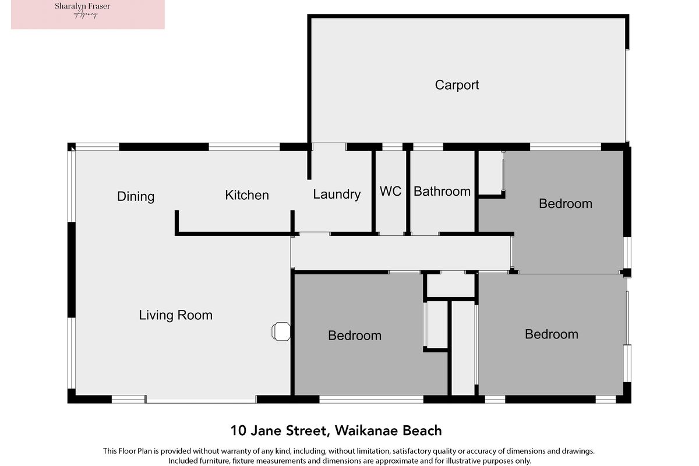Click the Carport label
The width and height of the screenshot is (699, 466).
457,85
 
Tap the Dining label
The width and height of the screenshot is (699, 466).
136,197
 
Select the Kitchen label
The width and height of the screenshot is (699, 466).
247,195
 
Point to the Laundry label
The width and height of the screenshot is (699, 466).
337,195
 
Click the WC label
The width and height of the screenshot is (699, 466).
390,191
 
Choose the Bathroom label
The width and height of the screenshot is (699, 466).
442,191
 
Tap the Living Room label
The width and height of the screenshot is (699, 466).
176,315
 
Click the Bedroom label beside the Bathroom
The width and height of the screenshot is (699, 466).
566,203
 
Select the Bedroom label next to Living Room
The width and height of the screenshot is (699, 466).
355,336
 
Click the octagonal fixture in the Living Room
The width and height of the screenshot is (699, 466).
281,331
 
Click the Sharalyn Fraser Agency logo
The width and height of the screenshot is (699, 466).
88,15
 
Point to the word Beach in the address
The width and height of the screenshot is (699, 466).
422,430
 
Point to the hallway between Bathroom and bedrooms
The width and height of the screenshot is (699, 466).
401,253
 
